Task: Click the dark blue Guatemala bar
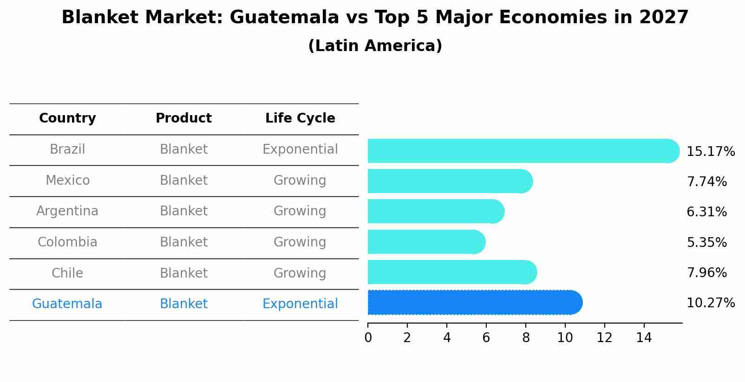[474, 303]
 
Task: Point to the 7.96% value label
[706, 272]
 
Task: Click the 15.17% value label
[710, 152]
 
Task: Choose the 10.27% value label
[710, 303]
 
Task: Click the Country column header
[67, 118]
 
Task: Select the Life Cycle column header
[300, 118]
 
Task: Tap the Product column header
[183, 118]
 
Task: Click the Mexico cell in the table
[67, 180]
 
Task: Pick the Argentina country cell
[67, 211]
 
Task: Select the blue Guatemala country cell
[67, 304]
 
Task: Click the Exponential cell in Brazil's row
[300, 149]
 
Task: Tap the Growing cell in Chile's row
[300, 273]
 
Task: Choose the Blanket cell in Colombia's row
[183, 242]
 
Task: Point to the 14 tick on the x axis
[644, 338]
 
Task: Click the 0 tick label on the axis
[368, 338]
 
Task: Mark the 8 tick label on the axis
[526, 338]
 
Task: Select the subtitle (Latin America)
[375, 46]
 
